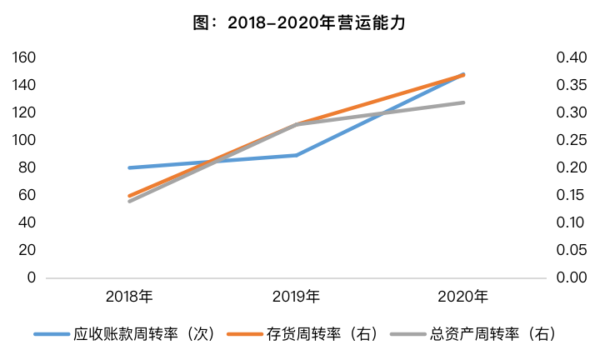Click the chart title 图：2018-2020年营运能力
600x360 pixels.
pos(299,23)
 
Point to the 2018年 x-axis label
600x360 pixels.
pos(129,297)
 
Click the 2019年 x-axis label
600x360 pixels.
pos(296,297)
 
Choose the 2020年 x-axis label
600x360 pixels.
pos(463,297)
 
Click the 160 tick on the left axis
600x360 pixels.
pos(23,57)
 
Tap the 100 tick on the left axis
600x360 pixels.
pos(23,140)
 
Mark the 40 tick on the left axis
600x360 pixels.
pos(27,222)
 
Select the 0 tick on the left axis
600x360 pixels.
pos(32,277)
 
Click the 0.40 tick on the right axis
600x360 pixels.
pos(572,57)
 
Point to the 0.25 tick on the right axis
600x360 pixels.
pos(572,140)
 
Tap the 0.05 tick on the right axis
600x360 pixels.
pos(572,250)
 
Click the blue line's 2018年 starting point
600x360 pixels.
pos(130,167)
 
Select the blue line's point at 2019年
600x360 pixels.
pos(297,155)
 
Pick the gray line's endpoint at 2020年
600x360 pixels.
pos(463,102)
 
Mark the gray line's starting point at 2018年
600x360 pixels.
pos(130,201)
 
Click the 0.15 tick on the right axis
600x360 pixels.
pos(572,195)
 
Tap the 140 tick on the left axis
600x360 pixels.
pos(23,85)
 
